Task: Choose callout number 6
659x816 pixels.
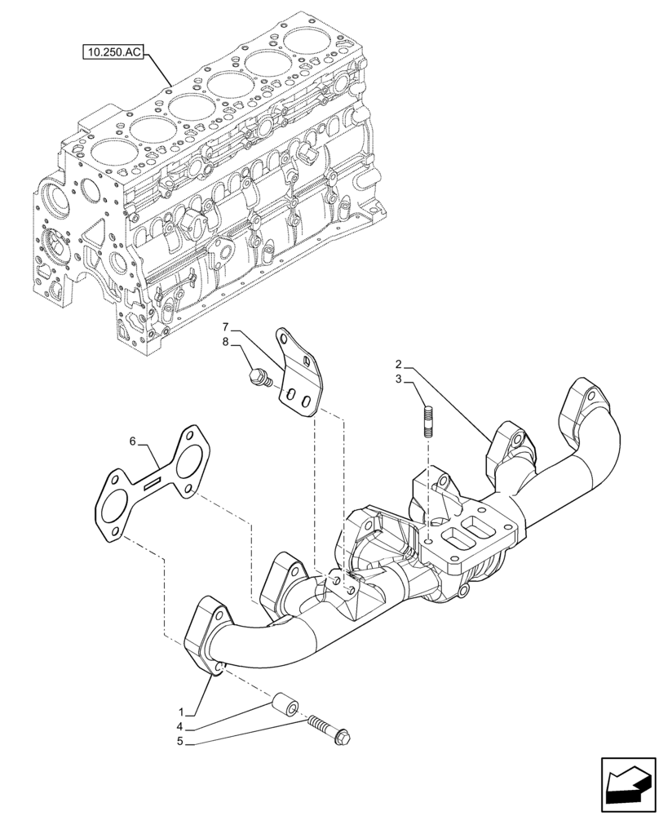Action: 133,441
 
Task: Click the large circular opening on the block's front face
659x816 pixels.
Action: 55,200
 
